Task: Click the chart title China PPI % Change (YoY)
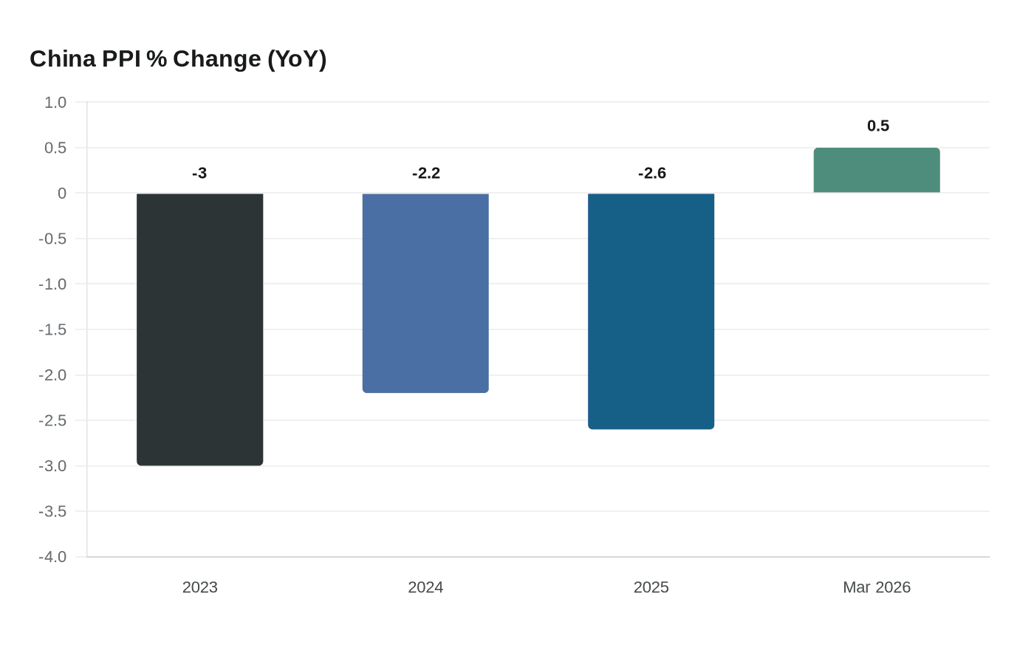click(x=178, y=58)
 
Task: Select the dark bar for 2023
click(x=200, y=329)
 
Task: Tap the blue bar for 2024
click(x=425, y=292)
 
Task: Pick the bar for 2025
click(x=651, y=311)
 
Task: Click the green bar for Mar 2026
click(x=877, y=171)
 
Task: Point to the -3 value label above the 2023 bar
click(x=199, y=173)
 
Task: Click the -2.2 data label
click(x=425, y=173)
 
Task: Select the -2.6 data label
click(x=651, y=173)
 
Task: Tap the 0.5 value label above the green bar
click(x=877, y=126)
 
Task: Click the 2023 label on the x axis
click(x=200, y=587)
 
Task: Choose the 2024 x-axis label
click(x=425, y=587)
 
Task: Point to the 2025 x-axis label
click(x=651, y=587)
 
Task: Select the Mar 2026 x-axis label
click(x=877, y=587)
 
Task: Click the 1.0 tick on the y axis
click(x=55, y=103)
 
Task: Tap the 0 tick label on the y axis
click(x=62, y=194)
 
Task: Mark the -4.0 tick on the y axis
click(x=52, y=557)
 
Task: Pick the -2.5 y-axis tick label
click(x=52, y=420)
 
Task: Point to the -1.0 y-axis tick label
click(x=52, y=284)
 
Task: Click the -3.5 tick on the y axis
click(x=52, y=511)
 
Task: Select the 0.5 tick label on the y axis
click(x=55, y=148)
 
